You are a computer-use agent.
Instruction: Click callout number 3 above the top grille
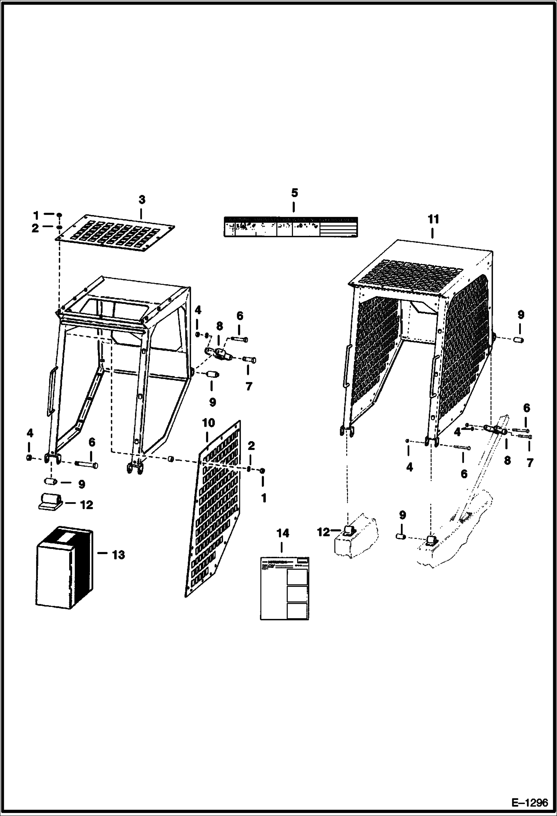pos(142,200)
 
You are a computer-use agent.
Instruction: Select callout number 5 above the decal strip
pos(294,193)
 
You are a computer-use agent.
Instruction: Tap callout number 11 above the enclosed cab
pos(433,219)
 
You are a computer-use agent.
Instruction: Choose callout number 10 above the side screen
pos(209,423)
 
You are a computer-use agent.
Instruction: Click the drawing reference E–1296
pos(529,803)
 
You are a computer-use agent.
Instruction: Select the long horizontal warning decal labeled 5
pos(290,227)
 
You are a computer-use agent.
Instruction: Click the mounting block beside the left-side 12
pos(49,502)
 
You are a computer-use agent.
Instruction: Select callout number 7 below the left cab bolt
pos(249,386)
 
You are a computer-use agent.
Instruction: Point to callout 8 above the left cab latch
pos(219,326)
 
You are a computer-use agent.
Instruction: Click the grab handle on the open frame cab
pos(51,391)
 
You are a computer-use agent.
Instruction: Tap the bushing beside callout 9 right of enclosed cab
pos(519,340)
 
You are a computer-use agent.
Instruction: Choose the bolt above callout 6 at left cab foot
pos(86,464)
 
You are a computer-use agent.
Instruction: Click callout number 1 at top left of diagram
pos(36,215)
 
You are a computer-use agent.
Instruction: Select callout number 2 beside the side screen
pos(251,446)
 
